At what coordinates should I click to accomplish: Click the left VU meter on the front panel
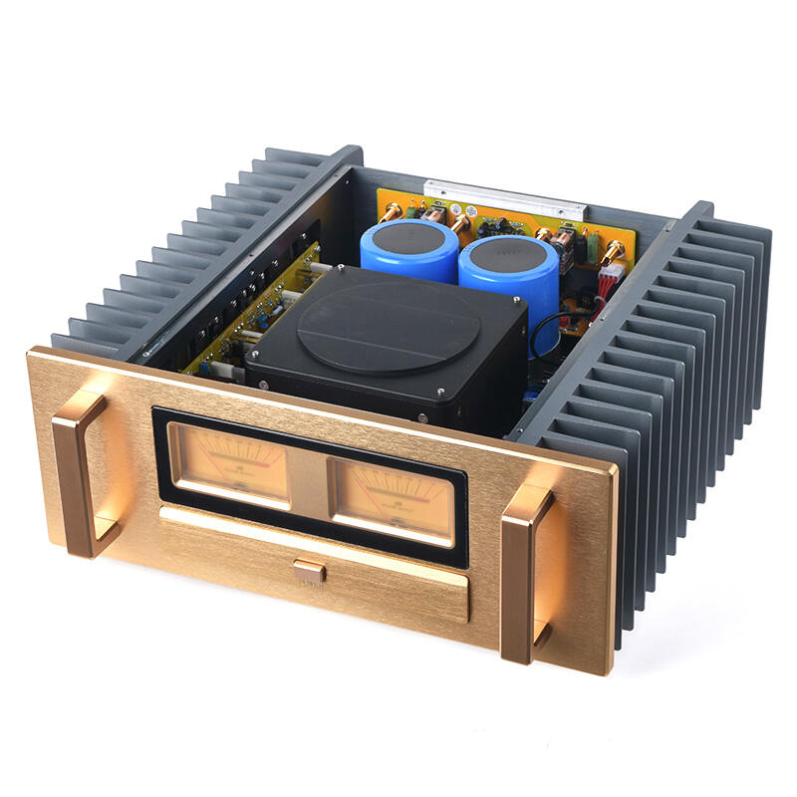[229, 462]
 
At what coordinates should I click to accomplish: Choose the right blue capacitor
[508, 274]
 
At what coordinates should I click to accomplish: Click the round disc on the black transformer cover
[389, 322]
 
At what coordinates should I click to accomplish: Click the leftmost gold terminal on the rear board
[392, 211]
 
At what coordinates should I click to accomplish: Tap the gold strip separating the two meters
[309, 478]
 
